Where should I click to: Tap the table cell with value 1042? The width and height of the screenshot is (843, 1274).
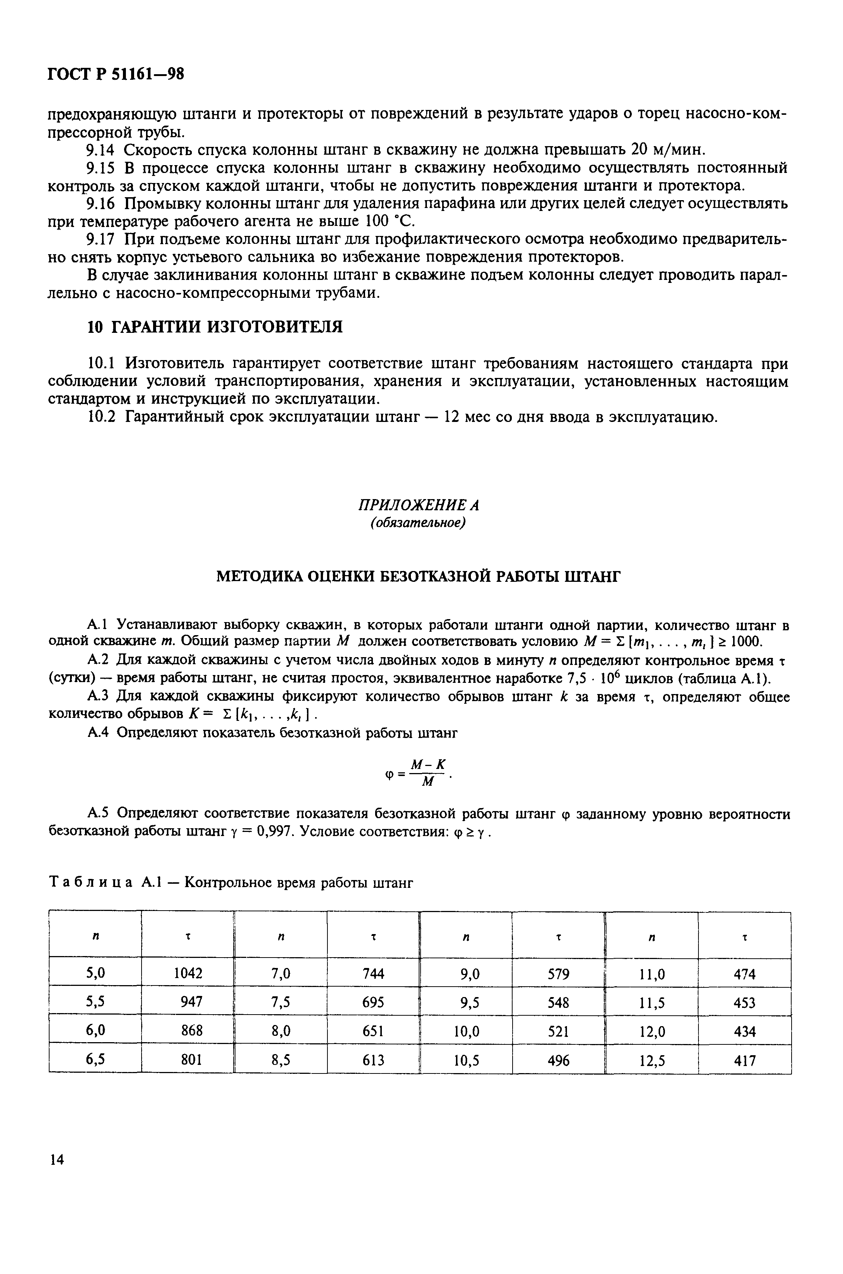tap(188, 973)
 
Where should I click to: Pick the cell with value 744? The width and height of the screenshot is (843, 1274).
tap(373, 973)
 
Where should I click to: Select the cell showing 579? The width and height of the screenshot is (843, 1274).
tap(559, 973)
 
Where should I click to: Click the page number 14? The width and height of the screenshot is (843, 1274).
tap(56, 1160)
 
